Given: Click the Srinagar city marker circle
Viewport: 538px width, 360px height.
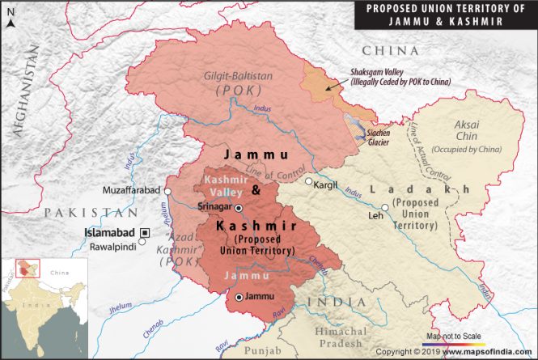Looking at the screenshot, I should click(x=238, y=208).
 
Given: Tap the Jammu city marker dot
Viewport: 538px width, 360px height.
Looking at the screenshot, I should click(x=240, y=298).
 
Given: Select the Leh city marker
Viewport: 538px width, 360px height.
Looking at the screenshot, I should click(x=386, y=207).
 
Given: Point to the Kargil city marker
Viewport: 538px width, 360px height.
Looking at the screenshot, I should click(x=308, y=181).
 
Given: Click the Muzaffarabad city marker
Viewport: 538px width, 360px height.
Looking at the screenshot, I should click(x=167, y=190).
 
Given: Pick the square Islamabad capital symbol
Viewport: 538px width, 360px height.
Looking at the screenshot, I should click(x=145, y=232).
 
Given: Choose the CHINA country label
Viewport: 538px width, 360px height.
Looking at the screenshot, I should click(x=391, y=51).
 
